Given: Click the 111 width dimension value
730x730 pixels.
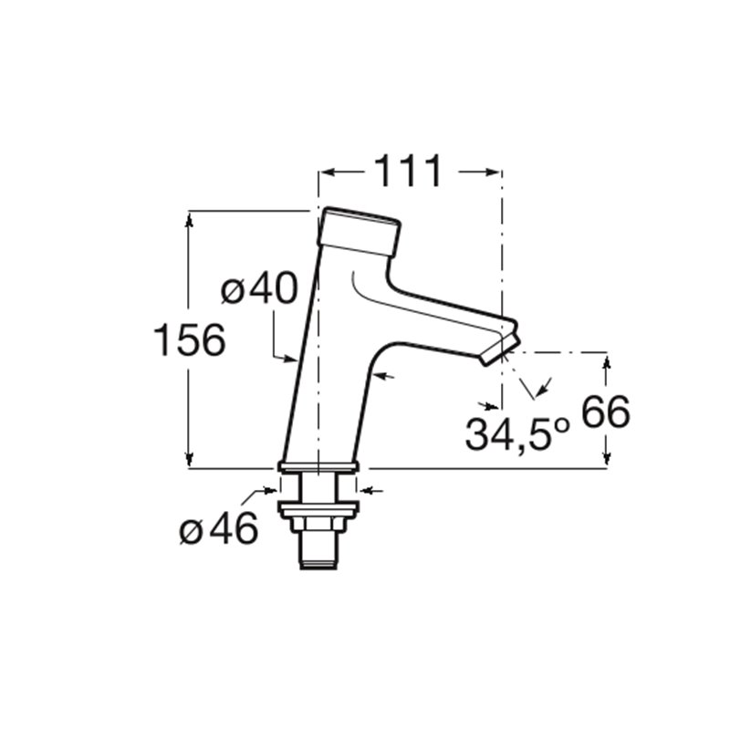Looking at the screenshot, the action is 408,172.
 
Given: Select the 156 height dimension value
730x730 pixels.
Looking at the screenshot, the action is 189,339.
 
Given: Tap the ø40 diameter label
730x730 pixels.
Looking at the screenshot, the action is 259,288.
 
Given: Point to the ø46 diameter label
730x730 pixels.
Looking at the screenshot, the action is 219,528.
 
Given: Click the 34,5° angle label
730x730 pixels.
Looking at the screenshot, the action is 517,434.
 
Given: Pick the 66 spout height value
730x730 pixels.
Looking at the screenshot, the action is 606,412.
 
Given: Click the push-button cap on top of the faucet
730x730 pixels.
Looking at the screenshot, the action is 359,232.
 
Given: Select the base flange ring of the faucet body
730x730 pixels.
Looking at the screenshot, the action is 318,467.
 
